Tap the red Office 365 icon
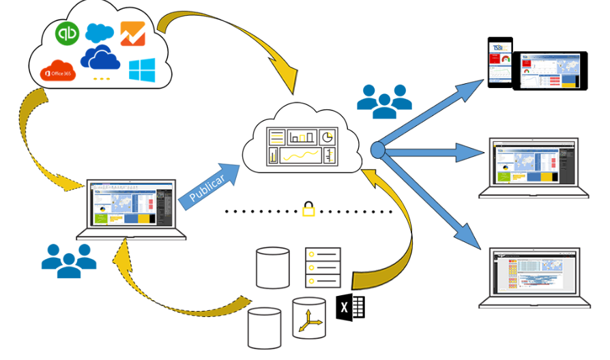pyautogui.click(x=57, y=70)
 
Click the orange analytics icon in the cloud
pyautogui.click(x=131, y=33)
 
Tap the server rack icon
pyautogui.click(x=322, y=267)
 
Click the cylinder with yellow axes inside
pyautogui.click(x=309, y=316)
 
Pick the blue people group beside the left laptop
pyautogui.click(x=69, y=260)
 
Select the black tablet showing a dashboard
pyautogui.click(x=550, y=71)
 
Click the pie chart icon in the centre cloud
pyautogui.click(x=327, y=136)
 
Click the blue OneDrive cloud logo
pyautogui.click(x=100, y=59)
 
